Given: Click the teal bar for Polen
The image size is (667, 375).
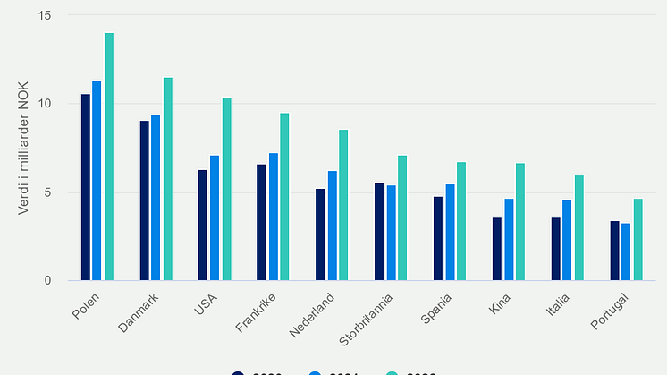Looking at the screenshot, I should coord(109,157).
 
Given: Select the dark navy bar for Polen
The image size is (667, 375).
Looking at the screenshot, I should coord(85,187).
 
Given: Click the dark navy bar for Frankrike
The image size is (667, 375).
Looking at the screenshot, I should coord(261,222).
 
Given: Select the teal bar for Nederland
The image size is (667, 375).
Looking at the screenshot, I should coord(344,205).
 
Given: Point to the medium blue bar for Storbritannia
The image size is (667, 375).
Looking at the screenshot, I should coord(391,233).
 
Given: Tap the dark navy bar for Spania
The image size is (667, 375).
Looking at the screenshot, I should coord(437,238).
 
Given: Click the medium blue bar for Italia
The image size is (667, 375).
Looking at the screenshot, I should coord(567,240).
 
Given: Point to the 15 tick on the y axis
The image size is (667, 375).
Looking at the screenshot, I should coord(46,16).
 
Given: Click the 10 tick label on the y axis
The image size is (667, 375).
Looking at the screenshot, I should coord(46,104).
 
